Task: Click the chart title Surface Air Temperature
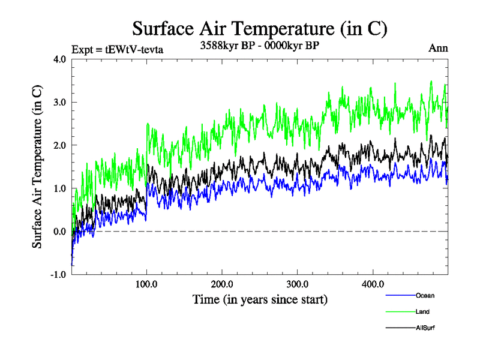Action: coord(259,29)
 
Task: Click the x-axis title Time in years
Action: coord(260,299)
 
